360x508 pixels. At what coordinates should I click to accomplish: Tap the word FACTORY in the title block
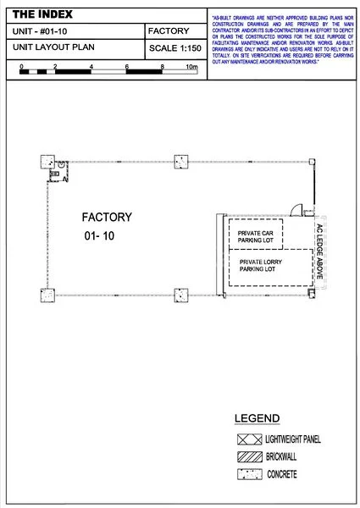pos(168,30)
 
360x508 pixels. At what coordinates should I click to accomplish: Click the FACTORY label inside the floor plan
pos(107,217)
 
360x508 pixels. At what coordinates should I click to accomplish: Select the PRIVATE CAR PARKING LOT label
pos(261,236)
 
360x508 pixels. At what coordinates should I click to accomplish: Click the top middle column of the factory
pos(180,161)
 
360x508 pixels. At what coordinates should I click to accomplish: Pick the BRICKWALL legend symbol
pos(248,457)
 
